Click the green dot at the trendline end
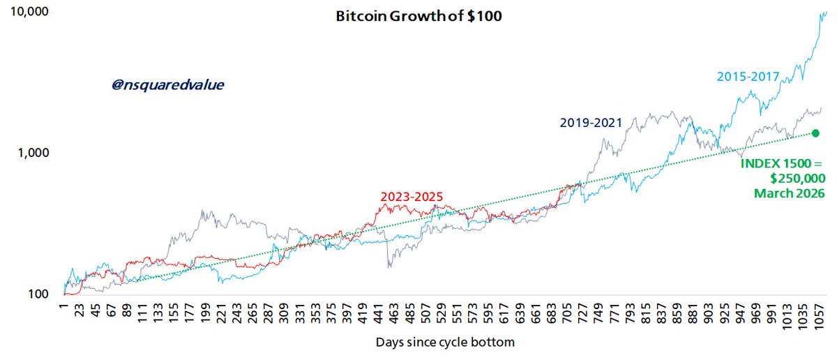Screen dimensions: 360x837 pos(815,133)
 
